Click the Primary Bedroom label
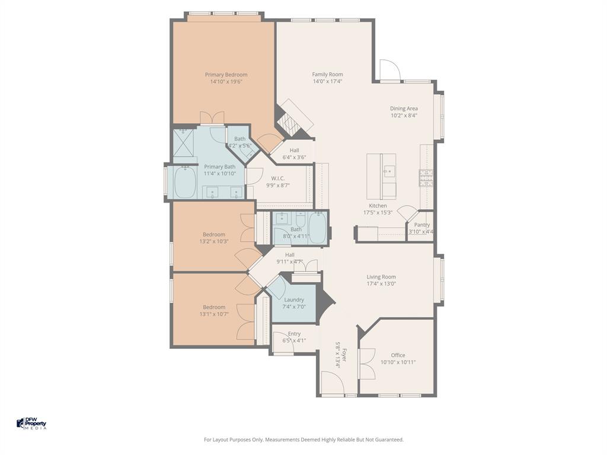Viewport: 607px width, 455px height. coord(226,75)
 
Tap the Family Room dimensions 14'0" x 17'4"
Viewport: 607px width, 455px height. coord(327,82)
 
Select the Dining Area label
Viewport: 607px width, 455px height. coord(404,108)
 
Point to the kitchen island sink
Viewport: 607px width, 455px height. coord(389,172)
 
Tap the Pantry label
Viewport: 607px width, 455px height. coord(421,225)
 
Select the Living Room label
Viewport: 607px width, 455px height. coord(381,277)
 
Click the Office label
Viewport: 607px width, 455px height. coord(398,355)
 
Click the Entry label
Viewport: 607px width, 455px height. coord(294,334)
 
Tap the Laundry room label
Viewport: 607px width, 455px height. coord(294,300)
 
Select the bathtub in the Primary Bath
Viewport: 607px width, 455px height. coord(185,182)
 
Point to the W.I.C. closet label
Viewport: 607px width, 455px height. coord(278,178)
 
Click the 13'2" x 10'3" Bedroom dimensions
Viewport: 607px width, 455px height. coord(214,242)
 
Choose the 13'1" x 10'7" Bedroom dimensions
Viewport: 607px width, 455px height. coord(214,314)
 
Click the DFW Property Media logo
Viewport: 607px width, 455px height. coord(31,424)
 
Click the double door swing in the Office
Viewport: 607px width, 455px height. coord(368,363)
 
